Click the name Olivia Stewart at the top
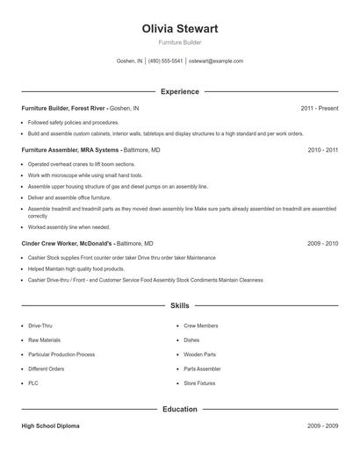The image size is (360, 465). pos(179,29)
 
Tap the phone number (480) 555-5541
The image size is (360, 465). pos(165,61)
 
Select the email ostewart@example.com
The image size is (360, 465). pos(216,61)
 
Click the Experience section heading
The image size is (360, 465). pos(179,91)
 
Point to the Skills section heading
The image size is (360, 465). pos(179,306)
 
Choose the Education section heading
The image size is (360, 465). pos(179,409)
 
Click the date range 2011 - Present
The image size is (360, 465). pos(319,108)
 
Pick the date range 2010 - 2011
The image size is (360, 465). pos(322,150)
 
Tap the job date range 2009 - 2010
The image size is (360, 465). pos(322,243)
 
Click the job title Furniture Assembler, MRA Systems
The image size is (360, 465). pos(71,150)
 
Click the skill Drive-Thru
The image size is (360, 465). pos(40,325)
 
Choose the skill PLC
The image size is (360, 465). pos(33,383)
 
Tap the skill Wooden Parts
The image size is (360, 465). pos(200,354)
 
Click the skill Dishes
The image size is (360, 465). pos(191,340)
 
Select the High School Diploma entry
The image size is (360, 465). pos(50,426)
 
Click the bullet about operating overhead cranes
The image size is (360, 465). pos(82,164)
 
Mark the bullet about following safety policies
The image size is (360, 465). pos(73,122)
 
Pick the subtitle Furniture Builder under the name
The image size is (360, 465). pos(179,42)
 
